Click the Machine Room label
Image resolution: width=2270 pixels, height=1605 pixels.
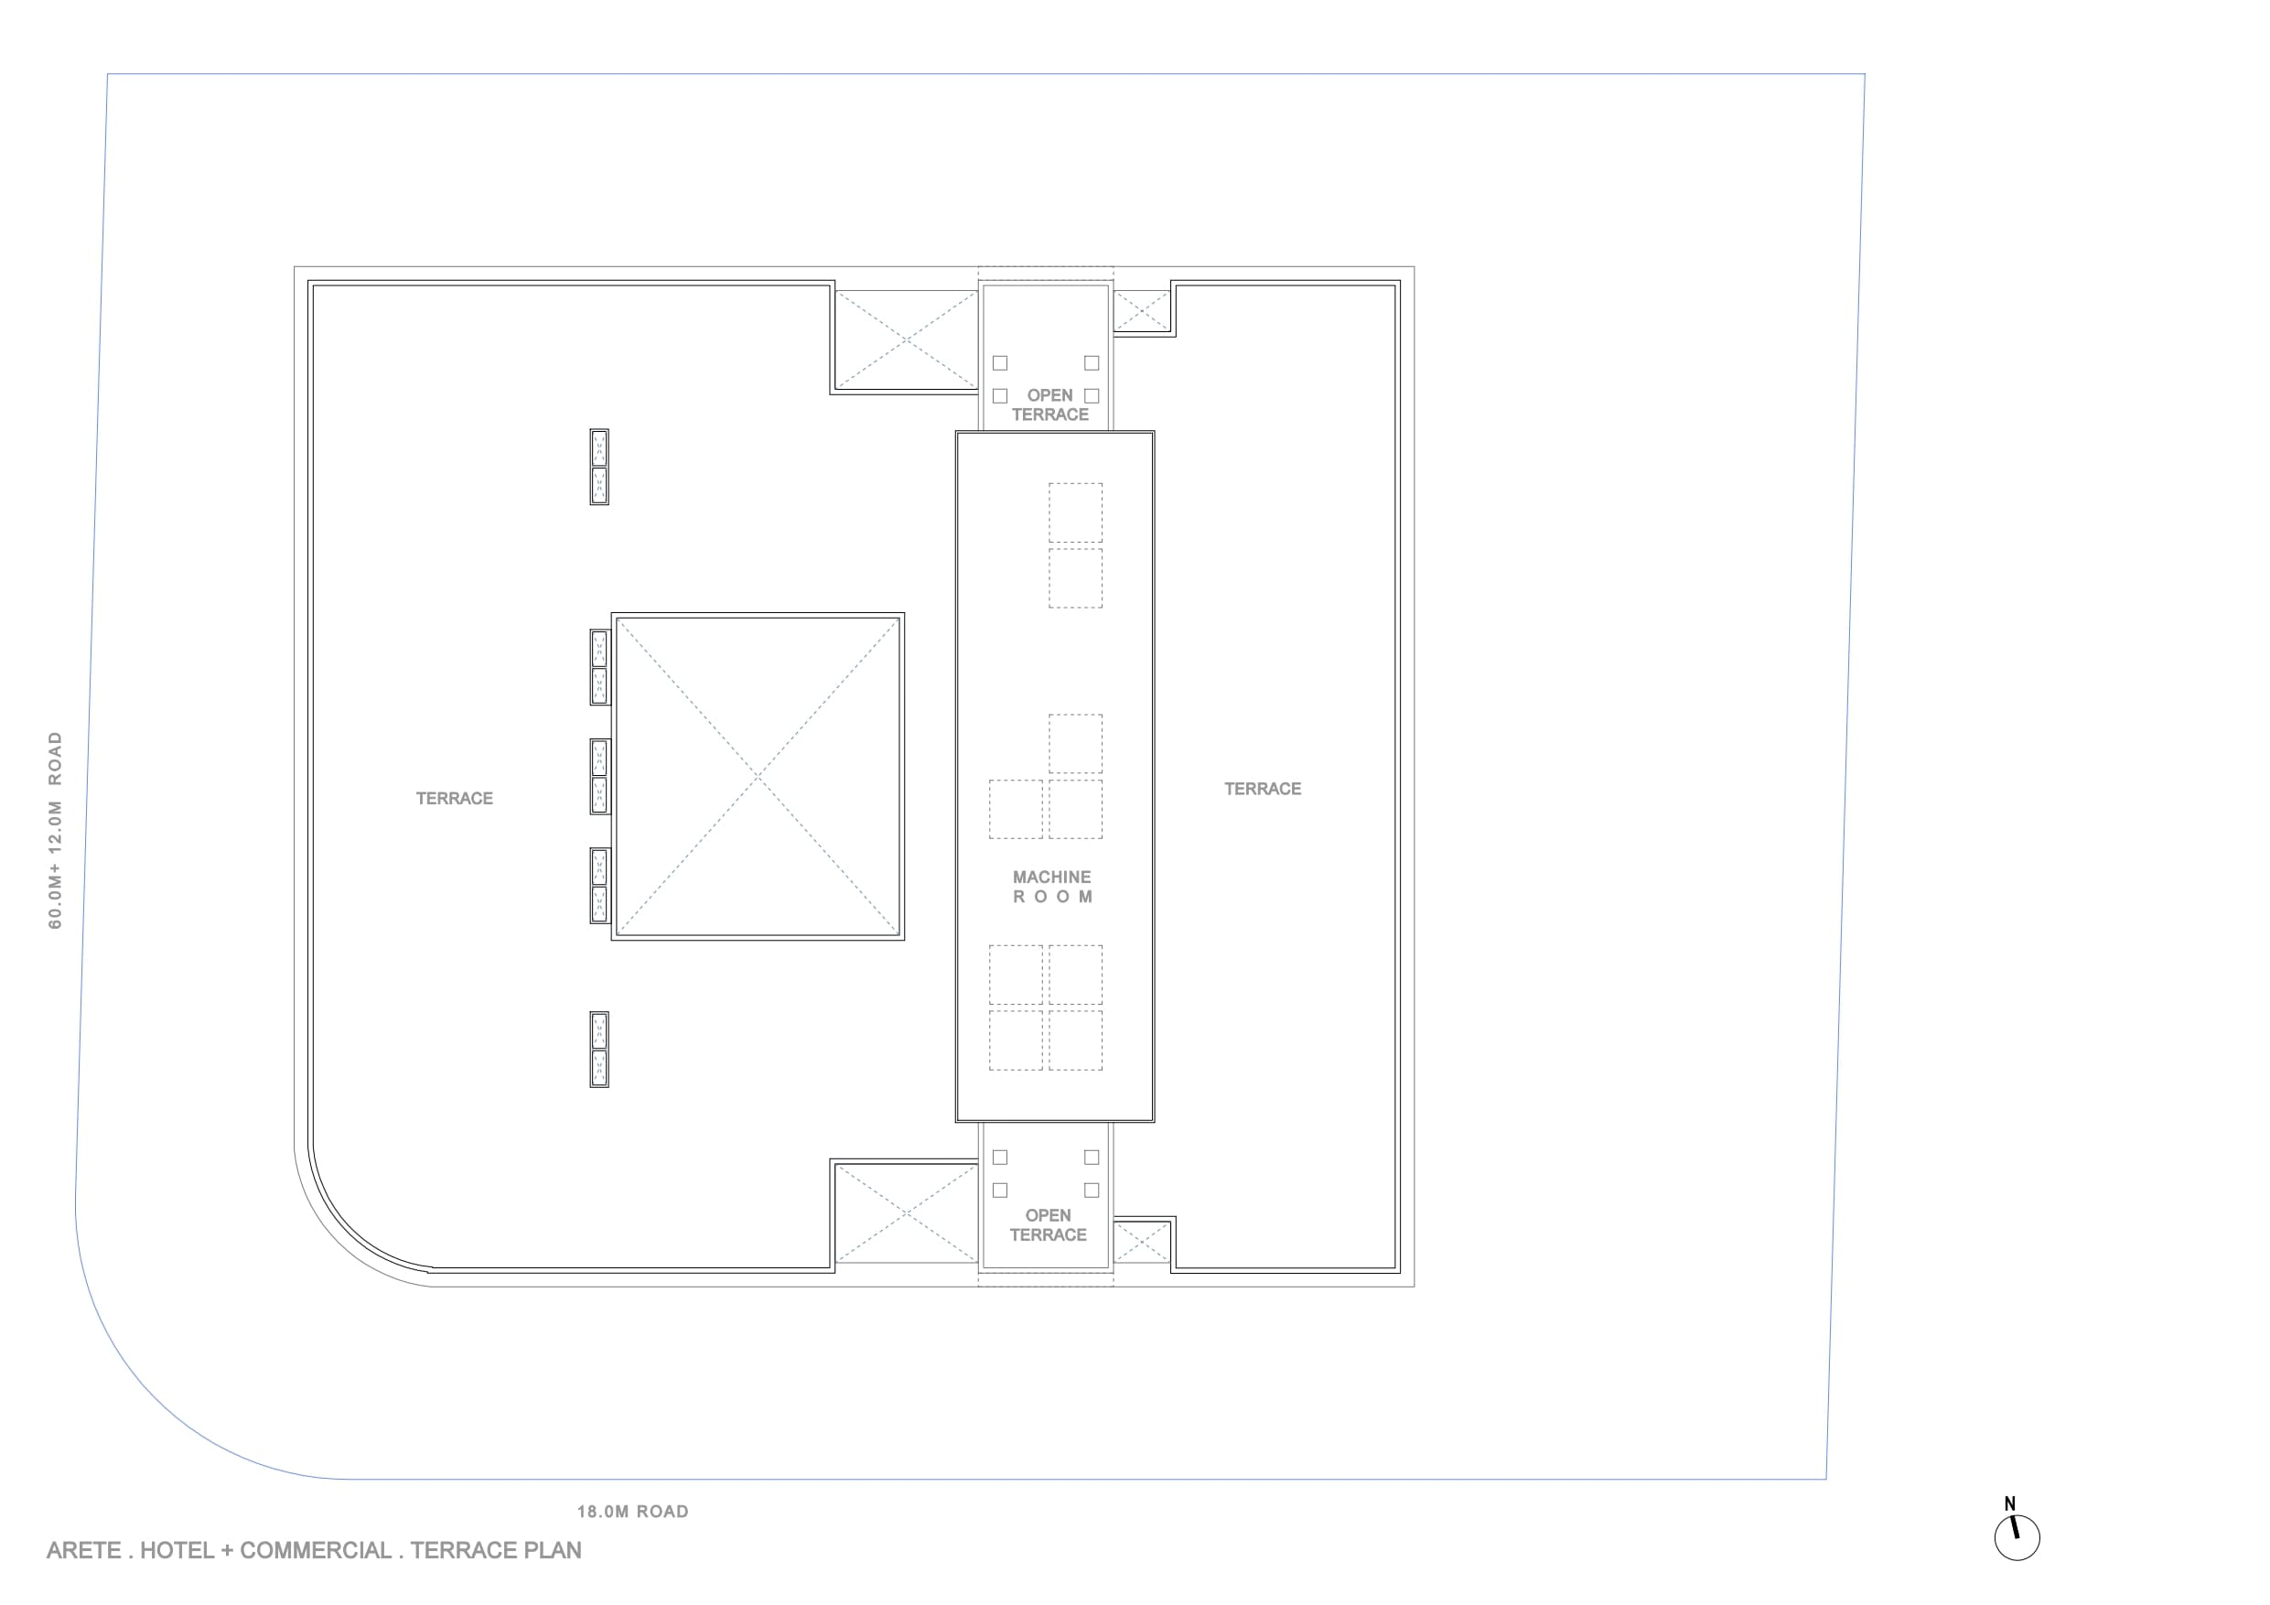1052,886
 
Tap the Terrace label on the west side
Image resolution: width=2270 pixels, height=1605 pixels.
454,798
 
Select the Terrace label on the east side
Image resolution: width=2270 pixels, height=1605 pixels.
1263,788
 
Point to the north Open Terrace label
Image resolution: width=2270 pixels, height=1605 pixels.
1050,404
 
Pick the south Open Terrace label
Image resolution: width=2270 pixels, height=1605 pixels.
1048,1225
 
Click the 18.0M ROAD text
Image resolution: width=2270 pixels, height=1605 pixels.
633,1511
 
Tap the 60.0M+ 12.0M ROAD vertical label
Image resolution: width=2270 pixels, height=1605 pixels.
56,830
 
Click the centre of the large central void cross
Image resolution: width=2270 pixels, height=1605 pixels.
758,776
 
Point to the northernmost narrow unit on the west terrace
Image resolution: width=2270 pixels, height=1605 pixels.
599,467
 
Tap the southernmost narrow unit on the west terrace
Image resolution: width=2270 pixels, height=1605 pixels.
599,1050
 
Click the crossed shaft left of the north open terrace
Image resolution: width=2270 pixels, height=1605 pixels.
906,339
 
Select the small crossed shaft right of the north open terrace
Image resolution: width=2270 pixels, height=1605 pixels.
1142,309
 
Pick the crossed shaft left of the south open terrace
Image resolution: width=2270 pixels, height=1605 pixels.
906,1213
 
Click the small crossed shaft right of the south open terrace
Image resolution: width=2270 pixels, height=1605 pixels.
1142,1242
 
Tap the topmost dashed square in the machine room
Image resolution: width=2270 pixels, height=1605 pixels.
1076,512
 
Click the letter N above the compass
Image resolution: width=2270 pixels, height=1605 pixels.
2009,1504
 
